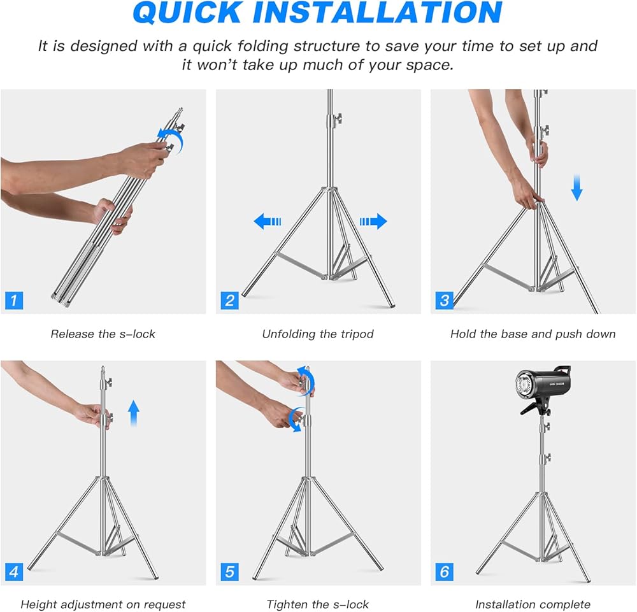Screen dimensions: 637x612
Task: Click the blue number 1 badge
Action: click(14, 301)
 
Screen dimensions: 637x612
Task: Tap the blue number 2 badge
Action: click(229, 301)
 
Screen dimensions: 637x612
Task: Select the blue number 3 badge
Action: click(444, 301)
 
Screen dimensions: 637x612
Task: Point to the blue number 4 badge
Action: click(14, 572)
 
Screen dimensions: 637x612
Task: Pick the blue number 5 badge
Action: click(229, 572)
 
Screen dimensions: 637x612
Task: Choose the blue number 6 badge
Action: click(444, 572)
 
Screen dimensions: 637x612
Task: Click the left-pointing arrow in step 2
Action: click(267, 222)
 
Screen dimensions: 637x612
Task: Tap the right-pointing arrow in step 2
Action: click(373, 222)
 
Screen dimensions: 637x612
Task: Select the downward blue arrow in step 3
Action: click(577, 188)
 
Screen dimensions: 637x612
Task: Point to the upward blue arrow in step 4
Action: click(134, 413)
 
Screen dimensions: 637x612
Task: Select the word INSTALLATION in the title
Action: click(377, 12)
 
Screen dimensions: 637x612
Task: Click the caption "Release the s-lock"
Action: click(103, 334)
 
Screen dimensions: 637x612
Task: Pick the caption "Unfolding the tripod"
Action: click(318, 334)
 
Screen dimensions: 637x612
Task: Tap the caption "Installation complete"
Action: click(533, 605)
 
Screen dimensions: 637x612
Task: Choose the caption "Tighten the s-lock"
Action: click(318, 605)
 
